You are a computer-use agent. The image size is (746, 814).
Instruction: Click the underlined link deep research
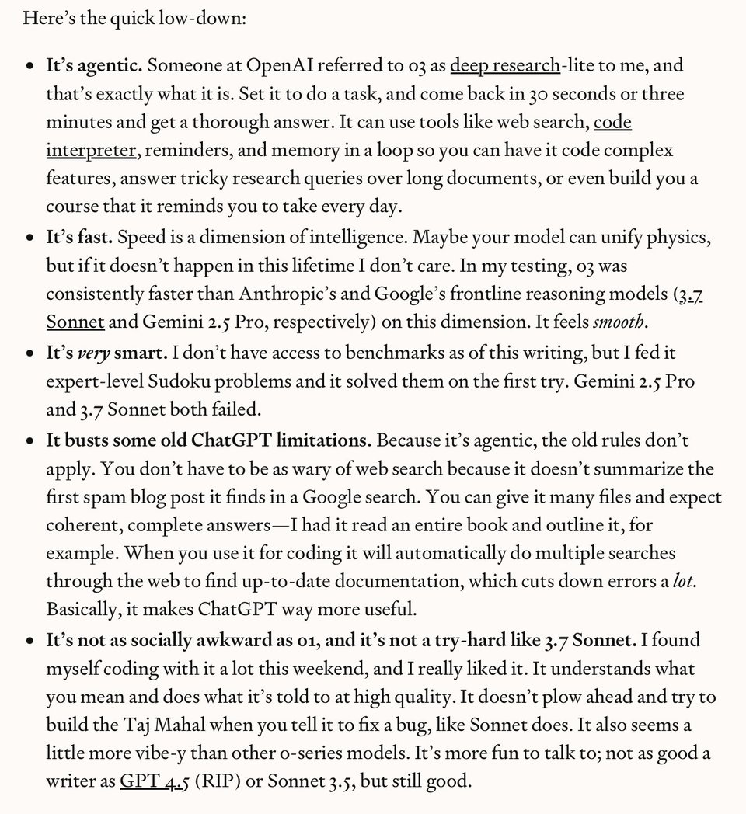click(x=504, y=65)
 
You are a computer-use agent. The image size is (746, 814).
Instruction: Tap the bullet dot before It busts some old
click(x=30, y=441)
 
